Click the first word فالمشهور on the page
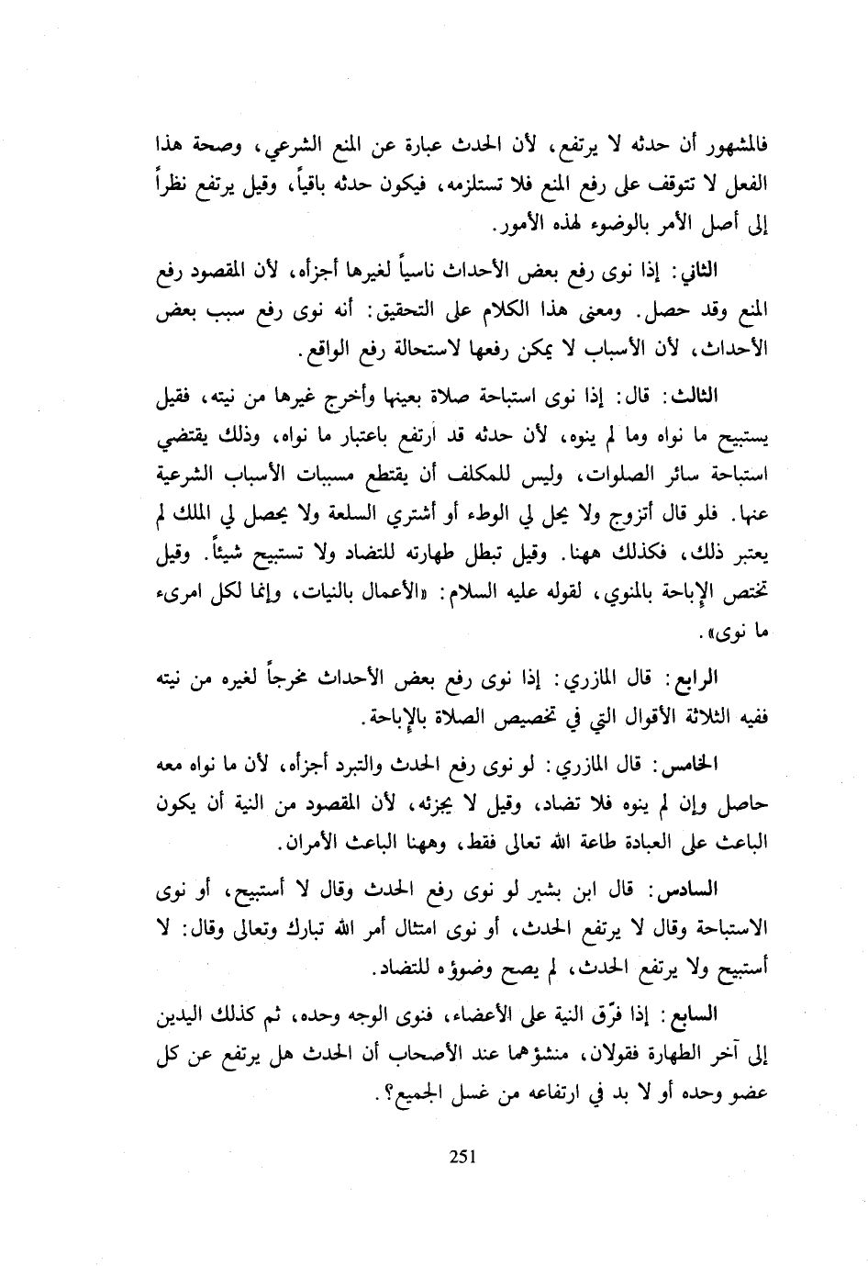[735, 144]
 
